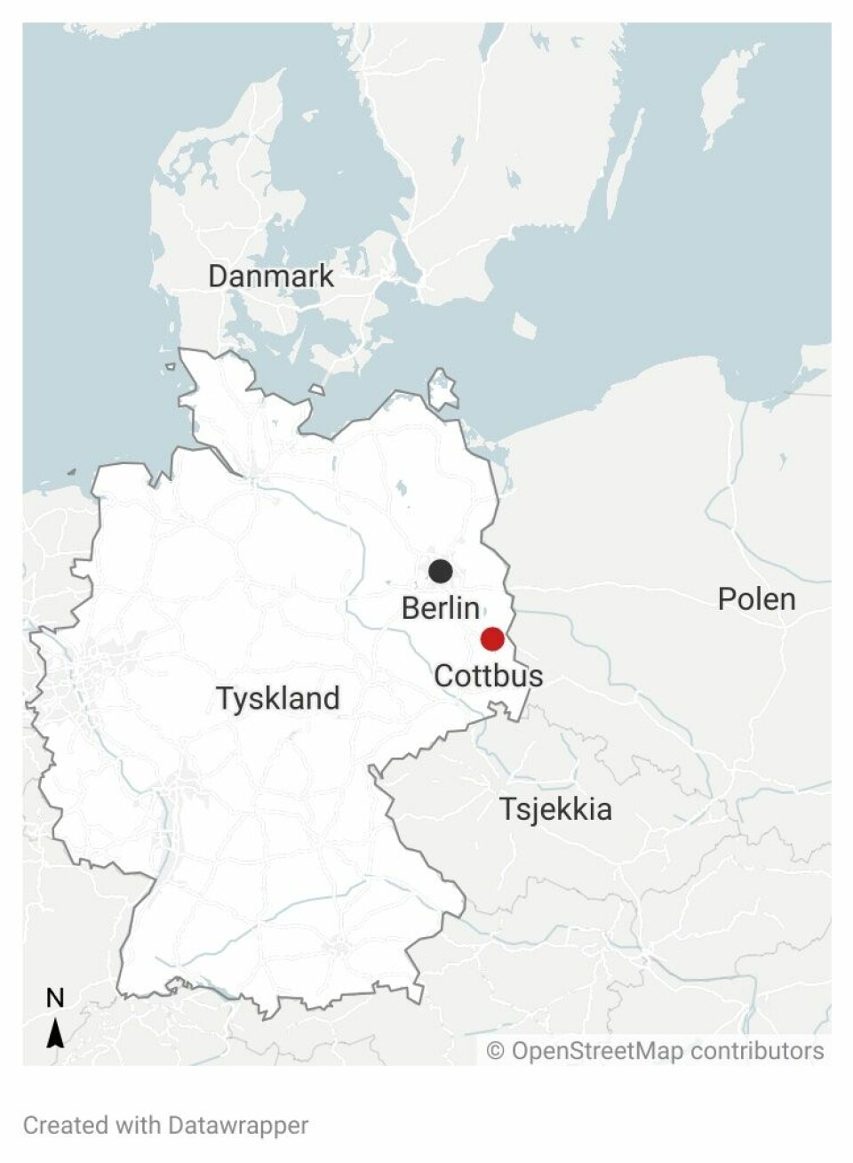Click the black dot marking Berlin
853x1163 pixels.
(440, 571)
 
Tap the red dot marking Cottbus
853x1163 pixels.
(492, 638)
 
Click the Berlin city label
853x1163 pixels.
(441, 608)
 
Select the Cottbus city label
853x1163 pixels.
(488, 676)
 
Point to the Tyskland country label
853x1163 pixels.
(278, 698)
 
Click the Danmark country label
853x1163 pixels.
(271, 276)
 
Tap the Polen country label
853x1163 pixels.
(756, 599)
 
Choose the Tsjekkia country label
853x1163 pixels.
(555, 809)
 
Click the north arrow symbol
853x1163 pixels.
(55, 1033)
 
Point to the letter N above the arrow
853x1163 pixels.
(55, 999)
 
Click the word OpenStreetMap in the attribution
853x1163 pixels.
(597, 1051)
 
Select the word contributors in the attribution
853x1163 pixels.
(757, 1051)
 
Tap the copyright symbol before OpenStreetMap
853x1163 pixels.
(496, 1052)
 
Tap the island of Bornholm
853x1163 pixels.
(524, 325)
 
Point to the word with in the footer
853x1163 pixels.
(137, 1125)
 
